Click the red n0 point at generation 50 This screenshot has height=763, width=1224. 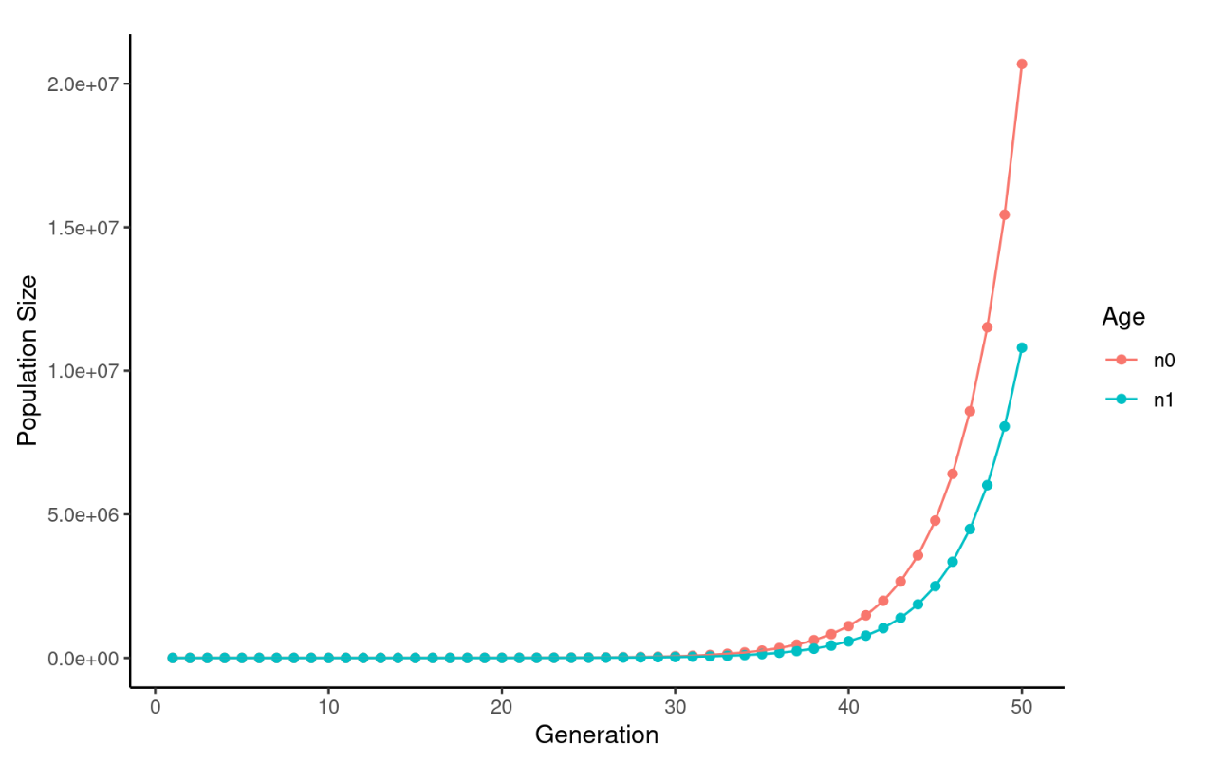1022,64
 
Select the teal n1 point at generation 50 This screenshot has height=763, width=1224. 1022,347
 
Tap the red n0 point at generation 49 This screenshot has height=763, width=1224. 1005,214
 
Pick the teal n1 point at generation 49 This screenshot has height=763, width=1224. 1005,426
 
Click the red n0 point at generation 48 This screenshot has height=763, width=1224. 987,326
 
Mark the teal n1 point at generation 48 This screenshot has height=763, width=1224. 987,485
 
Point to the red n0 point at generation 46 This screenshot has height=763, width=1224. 953,474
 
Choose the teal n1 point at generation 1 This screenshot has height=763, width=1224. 173,658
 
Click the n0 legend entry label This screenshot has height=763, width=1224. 1164,360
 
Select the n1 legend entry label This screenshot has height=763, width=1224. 1163,400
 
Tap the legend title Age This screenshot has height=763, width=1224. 1123,318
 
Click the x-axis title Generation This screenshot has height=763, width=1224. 597,735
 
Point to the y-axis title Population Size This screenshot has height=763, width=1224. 28,361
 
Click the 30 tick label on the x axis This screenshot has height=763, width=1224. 675,706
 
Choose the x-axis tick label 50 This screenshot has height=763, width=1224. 1022,706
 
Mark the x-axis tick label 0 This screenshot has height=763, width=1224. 156,706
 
